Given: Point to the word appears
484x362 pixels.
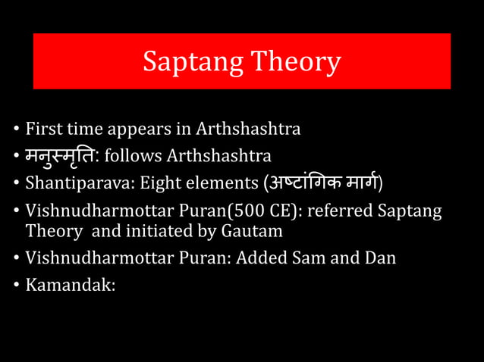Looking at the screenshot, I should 156,129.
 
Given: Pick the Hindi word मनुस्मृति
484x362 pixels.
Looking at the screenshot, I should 61,156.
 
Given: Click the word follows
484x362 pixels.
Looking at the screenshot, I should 133,157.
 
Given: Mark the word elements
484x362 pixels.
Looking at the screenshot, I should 220,183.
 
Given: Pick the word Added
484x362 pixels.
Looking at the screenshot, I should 260,257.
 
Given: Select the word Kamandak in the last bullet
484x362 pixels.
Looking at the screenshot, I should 68,286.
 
